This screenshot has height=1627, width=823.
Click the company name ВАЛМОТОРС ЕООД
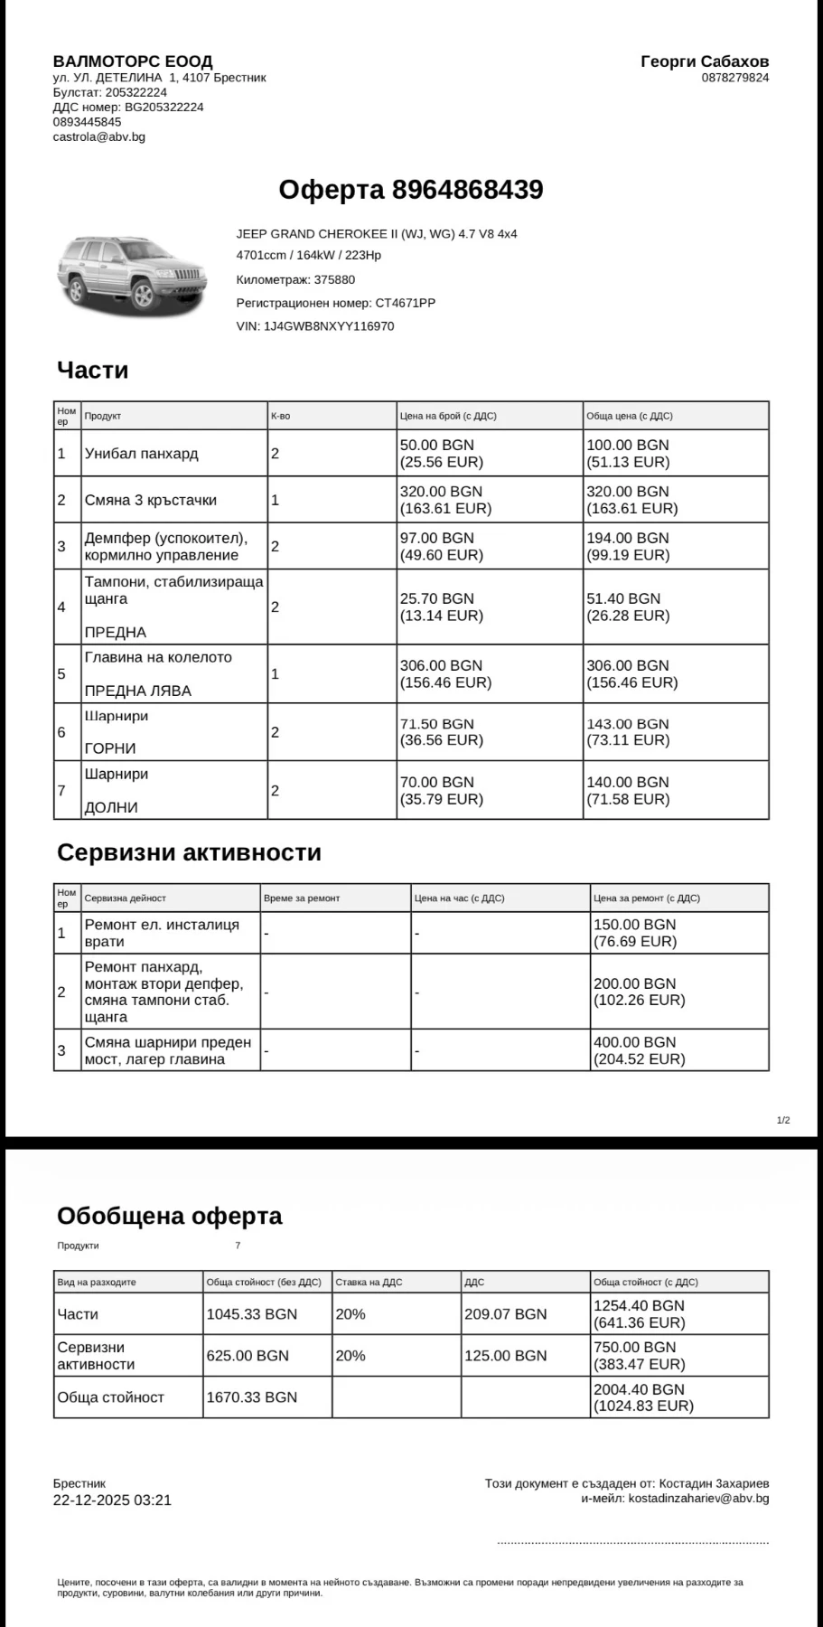tap(133, 62)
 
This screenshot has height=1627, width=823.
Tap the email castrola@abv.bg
tap(98, 137)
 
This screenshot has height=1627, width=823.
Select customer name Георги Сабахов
tap(705, 61)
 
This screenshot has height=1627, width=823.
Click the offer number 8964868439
tap(467, 190)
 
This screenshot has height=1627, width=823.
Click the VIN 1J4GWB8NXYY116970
tap(329, 326)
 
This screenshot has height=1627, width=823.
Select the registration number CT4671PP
tap(406, 303)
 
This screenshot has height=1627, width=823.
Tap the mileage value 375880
tap(334, 279)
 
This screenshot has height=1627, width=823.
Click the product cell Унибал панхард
tap(142, 454)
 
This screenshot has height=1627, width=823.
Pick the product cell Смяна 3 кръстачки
tap(151, 500)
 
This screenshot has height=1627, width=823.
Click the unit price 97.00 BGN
tap(437, 538)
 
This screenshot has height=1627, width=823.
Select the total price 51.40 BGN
tap(623, 598)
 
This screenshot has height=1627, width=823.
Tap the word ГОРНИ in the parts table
tap(110, 748)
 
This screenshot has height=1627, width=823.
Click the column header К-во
tap(280, 416)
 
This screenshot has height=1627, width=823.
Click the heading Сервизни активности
tap(189, 852)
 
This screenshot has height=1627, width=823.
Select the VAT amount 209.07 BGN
tap(505, 1314)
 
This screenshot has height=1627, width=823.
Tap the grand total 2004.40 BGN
tap(639, 1389)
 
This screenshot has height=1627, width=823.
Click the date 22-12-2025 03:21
tap(112, 1500)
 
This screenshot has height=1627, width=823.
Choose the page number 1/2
tap(783, 1121)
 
